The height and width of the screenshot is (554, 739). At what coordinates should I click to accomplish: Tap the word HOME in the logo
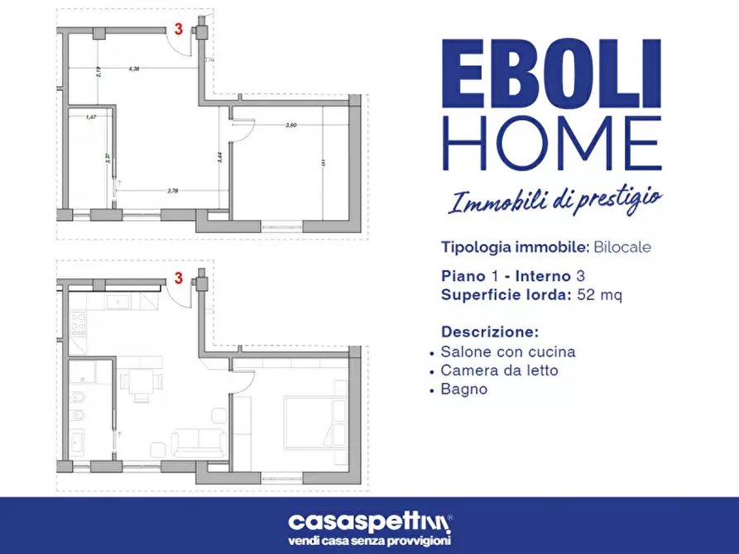[551, 143]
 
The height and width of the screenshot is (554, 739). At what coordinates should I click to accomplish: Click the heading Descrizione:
[490, 332]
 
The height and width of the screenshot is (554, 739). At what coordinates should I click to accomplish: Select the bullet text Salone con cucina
[508, 351]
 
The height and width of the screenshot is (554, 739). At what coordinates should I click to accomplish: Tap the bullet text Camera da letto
[499, 370]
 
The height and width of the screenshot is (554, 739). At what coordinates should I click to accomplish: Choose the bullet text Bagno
[464, 389]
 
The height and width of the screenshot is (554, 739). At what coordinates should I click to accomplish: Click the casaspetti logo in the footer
[369, 522]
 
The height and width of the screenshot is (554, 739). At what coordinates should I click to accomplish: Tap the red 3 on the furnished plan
[178, 279]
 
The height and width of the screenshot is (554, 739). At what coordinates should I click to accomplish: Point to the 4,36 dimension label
[133, 69]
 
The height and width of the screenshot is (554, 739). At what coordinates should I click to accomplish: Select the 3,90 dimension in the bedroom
[291, 125]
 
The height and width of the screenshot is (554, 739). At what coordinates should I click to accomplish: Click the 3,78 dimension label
[173, 191]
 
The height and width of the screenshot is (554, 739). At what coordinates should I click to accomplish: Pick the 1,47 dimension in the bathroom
[91, 117]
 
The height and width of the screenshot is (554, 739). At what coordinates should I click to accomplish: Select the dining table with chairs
[139, 382]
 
